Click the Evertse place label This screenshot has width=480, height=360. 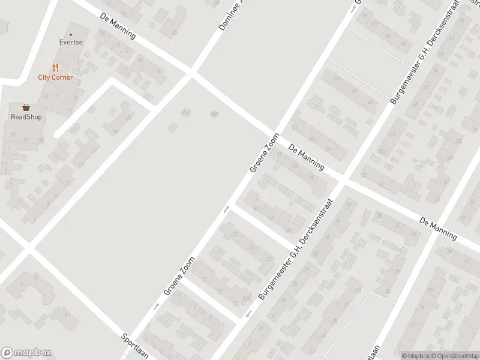tap(70, 43)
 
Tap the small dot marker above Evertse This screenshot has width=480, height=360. tap(70, 34)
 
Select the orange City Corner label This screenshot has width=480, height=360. tap(55, 77)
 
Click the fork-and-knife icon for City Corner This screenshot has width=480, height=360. tap(55, 67)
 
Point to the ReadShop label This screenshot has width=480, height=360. tap(26, 117)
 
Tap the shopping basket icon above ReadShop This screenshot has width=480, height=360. tap(26, 107)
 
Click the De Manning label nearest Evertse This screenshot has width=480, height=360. tap(118, 28)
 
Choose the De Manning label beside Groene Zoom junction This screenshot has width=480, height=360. tap(306, 157)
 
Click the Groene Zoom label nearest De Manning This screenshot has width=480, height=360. tap(265, 154)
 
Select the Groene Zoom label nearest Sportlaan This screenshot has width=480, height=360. tap(180, 276)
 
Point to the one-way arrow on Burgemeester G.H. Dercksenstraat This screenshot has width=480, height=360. tap(247, 314)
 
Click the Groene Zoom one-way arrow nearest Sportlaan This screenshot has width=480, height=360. tap(155, 307)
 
